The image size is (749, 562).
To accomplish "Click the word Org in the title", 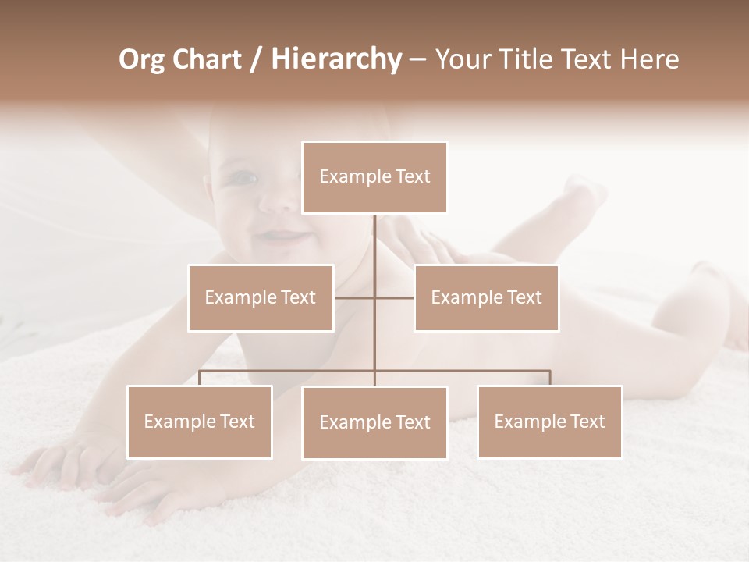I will point(141,59).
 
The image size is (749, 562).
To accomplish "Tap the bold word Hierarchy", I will point(335,59).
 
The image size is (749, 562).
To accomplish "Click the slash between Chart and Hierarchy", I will point(256,60).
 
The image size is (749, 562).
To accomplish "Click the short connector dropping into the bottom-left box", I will point(200,378).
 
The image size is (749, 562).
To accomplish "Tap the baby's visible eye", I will point(245,178).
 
